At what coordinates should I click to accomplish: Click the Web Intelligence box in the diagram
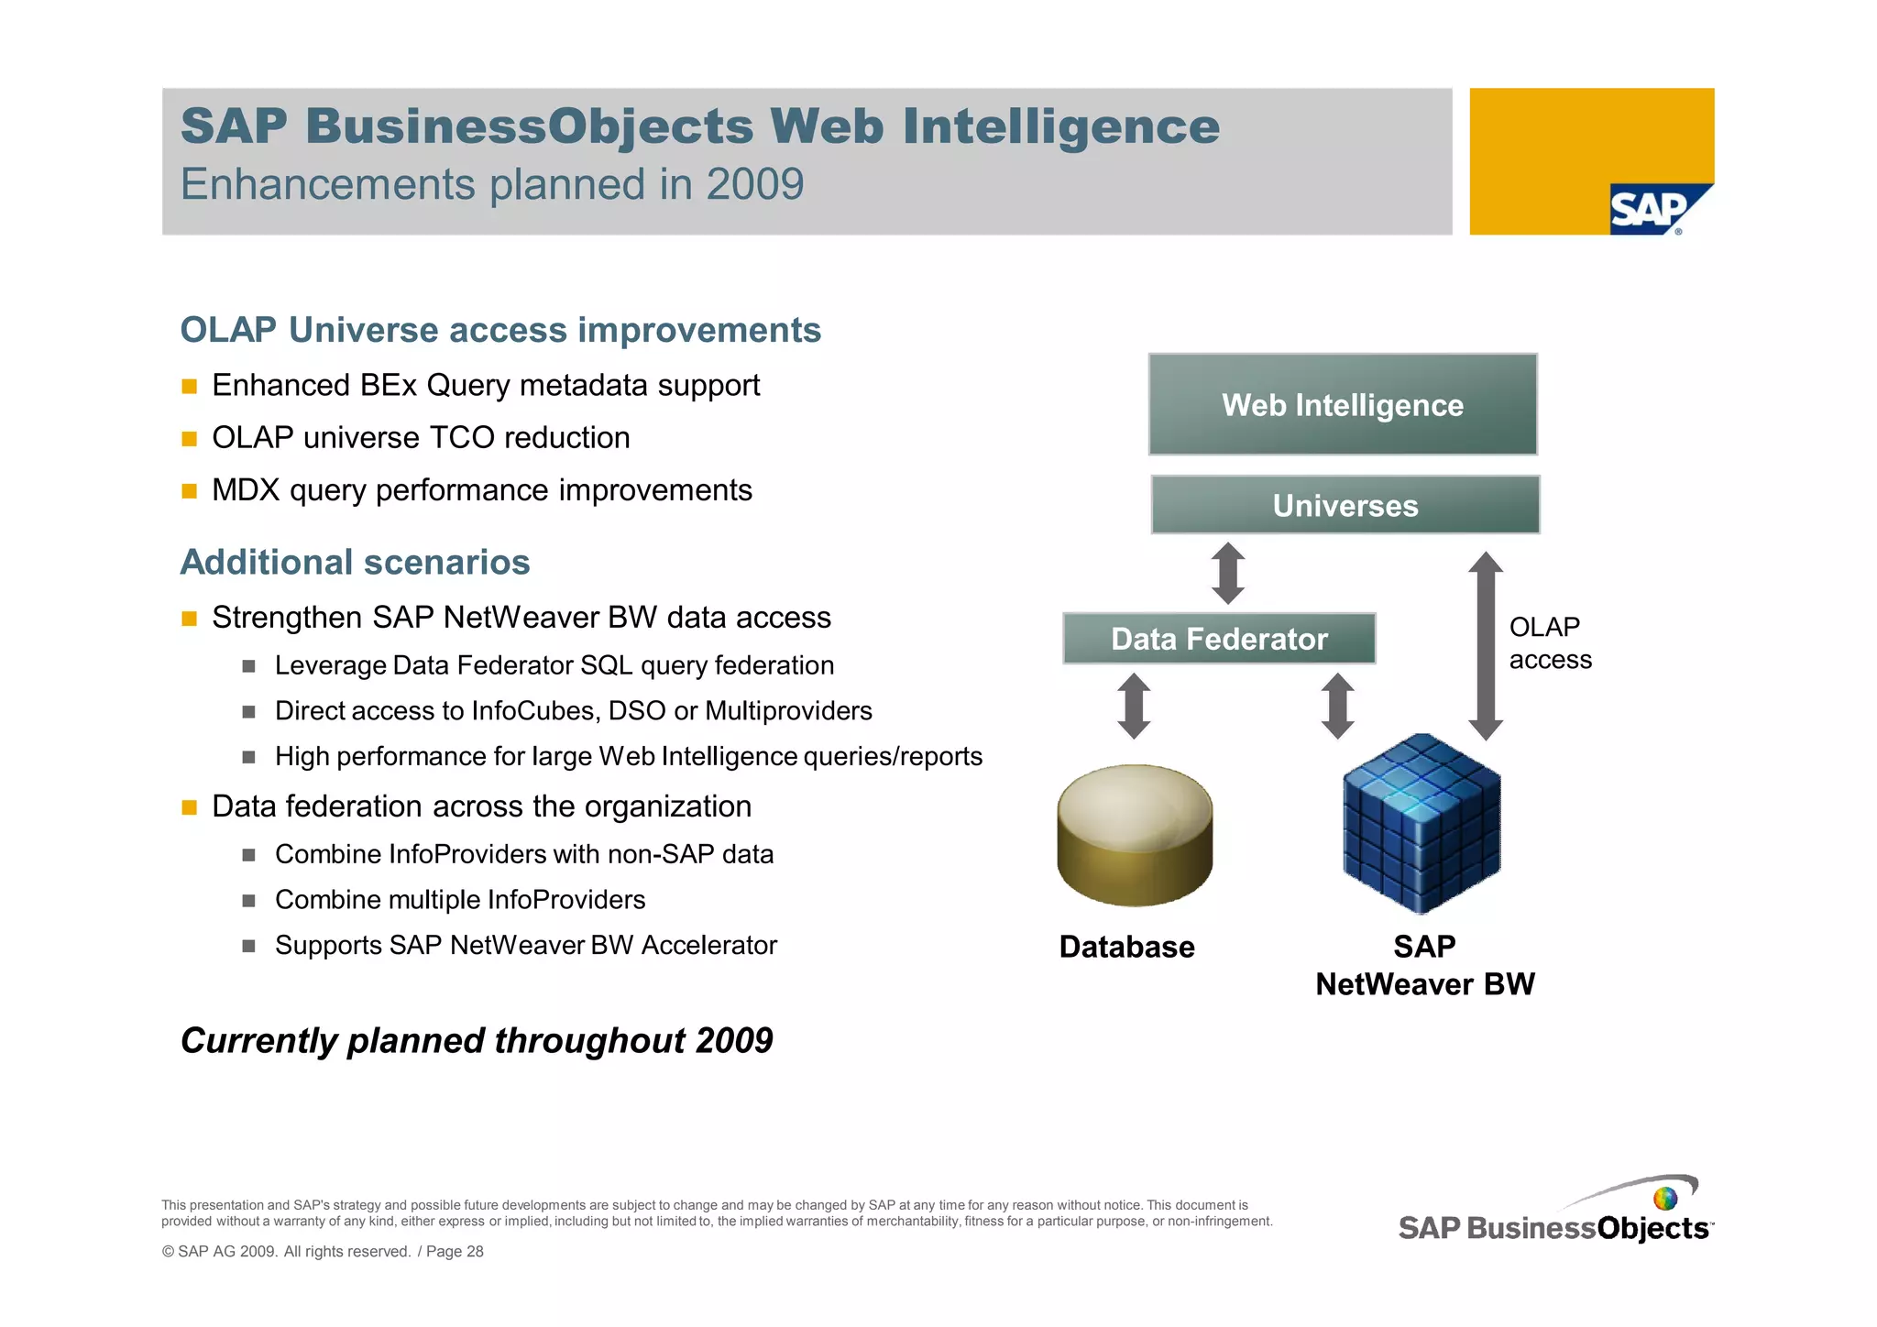[1343, 404]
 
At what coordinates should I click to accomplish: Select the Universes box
[1345, 505]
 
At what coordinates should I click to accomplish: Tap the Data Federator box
[1219, 639]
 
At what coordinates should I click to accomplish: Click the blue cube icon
[1421, 824]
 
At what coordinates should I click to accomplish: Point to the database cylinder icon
[1135, 835]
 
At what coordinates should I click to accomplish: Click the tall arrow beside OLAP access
[1486, 646]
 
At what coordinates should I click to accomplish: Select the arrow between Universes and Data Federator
[1228, 573]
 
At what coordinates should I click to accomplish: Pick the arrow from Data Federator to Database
[1134, 706]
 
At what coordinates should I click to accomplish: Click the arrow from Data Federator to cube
[1338, 706]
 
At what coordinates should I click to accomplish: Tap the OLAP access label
[1550, 643]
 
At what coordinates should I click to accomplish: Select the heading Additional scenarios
[355, 562]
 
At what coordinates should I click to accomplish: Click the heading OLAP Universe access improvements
[500, 330]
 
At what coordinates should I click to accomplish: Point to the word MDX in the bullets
[245, 490]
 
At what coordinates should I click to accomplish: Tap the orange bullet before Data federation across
[190, 807]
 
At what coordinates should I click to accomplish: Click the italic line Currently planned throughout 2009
[477, 1040]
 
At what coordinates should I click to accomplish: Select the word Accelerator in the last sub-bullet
[708, 945]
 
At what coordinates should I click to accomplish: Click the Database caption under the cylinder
[1126, 947]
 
